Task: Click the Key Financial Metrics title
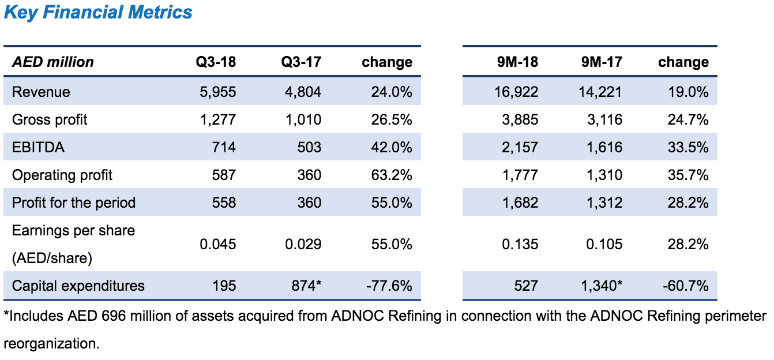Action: (98, 13)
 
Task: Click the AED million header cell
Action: (53, 62)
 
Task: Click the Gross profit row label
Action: (50, 120)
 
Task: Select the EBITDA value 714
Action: (224, 148)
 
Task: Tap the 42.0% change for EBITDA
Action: (392, 148)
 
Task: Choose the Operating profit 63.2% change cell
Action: (392, 175)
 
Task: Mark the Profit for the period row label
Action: (74, 203)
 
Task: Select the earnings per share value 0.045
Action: (217, 245)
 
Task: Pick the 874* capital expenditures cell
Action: (303, 286)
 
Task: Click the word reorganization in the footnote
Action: (51, 344)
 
